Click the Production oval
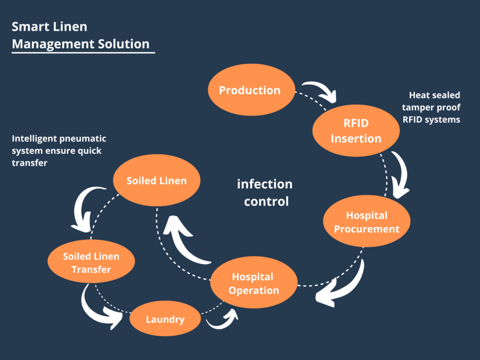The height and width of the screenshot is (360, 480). [250, 90]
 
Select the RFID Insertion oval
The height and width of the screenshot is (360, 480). [356, 131]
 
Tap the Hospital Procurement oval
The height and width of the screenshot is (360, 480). [367, 222]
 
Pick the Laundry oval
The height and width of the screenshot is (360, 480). [165, 320]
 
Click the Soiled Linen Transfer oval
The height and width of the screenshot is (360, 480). [91, 262]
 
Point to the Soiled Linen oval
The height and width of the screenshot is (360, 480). [157, 180]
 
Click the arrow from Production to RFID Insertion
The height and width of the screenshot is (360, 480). [320, 91]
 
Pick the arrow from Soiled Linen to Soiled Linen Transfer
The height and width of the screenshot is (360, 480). [87, 206]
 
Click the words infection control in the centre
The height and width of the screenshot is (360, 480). [264, 192]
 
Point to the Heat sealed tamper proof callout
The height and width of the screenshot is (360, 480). [431, 107]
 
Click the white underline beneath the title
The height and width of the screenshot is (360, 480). [83, 52]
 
